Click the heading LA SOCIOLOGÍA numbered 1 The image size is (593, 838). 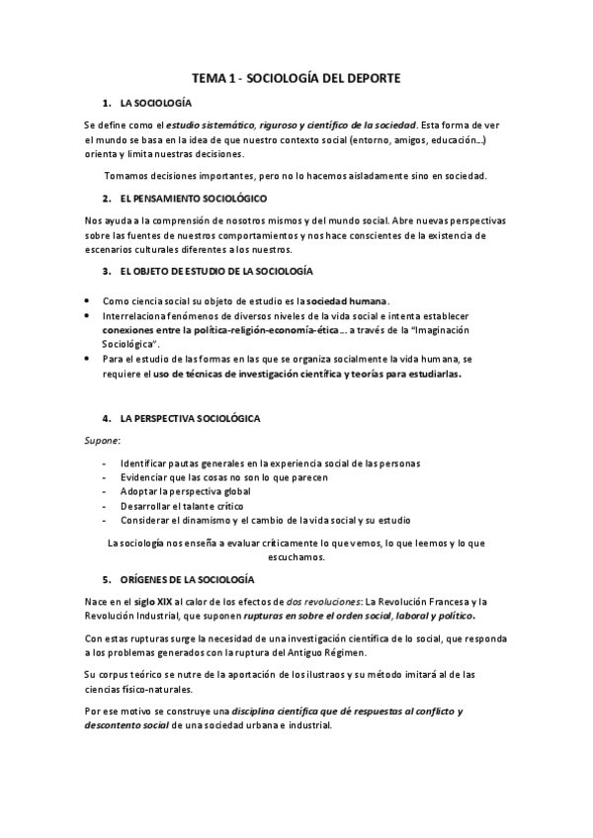pos(156,103)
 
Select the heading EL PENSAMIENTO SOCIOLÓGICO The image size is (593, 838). pos(189,199)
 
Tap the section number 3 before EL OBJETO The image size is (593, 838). pos(106,271)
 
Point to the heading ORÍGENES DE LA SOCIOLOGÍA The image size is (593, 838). pos(187,578)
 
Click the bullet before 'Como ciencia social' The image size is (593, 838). pos(88,300)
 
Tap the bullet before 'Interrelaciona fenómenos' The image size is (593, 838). pos(88,313)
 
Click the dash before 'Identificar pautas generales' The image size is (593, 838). pos(105,463)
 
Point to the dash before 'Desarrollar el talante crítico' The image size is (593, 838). pos(105,506)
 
